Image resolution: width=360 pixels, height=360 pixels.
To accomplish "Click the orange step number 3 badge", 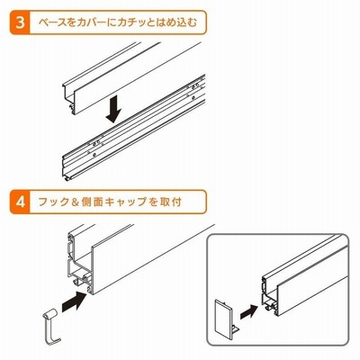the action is [x=21, y=22].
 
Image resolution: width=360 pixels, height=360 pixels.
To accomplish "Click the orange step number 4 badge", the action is [x=21, y=202].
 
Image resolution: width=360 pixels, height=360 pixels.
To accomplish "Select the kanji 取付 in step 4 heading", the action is [x=170, y=202].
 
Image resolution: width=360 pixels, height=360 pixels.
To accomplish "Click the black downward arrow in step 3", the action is [x=113, y=111].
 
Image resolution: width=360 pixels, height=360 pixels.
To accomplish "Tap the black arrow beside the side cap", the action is [x=248, y=312].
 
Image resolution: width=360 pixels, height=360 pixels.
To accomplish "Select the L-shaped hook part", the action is [x=52, y=327].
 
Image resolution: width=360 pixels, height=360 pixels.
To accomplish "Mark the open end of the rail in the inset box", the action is [x=269, y=295].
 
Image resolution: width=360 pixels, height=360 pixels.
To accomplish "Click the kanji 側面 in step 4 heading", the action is [x=93, y=202].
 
